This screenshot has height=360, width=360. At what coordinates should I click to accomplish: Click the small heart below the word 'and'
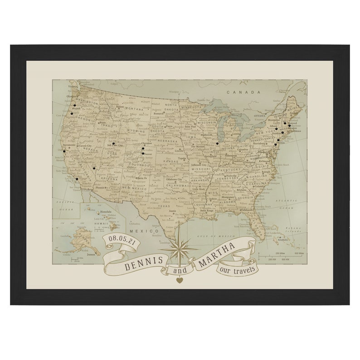179,280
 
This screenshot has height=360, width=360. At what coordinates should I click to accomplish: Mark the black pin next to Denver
143,153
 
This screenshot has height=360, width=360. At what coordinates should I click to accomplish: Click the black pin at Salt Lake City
114,144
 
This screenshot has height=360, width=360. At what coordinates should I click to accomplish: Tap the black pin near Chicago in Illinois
217,143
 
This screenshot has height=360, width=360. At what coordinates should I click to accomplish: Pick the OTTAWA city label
259,115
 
